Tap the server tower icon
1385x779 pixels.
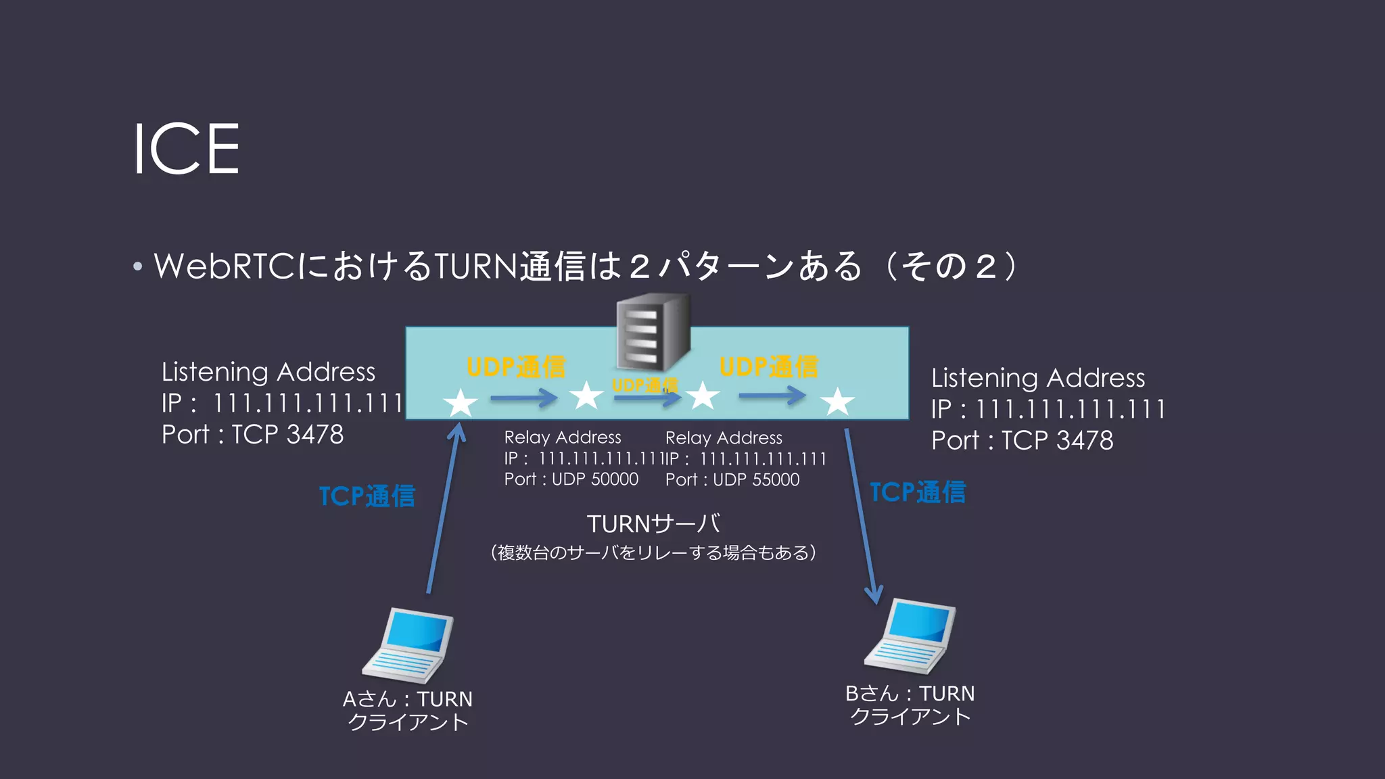pos(653,333)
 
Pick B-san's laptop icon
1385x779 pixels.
pos(910,636)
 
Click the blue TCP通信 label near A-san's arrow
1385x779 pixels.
pos(367,496)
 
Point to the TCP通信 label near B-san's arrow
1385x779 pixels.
pos(918,492)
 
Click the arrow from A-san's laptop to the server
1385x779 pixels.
pos(444,507)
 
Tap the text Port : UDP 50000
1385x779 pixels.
pos(571,479)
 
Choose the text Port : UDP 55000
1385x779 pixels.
pos(732,479)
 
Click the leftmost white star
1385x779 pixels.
pos(461,403)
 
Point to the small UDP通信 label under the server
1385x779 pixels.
pos(644,385)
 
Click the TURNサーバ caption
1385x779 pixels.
pos(653,524)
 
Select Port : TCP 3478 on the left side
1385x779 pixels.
pos(253,434)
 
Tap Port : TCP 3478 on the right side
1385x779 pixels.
pos(1022,440)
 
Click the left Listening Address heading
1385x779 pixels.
pos(268,372)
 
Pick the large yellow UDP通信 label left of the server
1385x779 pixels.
pos(516,367)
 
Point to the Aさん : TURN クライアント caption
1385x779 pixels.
pos(408,710)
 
